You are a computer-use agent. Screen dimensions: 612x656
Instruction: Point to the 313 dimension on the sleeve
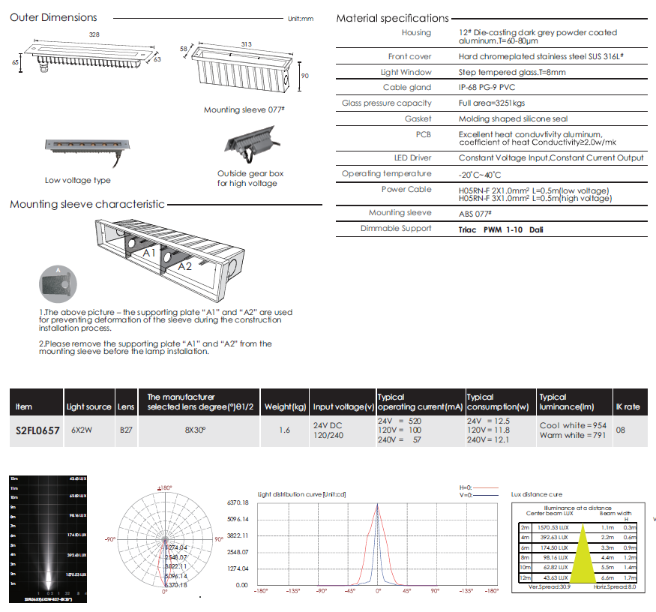[x=246, y=44]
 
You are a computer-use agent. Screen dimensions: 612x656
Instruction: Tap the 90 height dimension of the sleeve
[x=304, y=76]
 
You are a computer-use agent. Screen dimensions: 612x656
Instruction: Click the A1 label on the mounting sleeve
[x=150, y=254]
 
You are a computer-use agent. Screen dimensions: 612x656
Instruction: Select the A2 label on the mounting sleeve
[x=184, y=265]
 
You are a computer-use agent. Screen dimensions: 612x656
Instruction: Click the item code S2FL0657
[x=37, y=431]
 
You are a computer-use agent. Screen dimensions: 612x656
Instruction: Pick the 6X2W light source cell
[x=81, y=431]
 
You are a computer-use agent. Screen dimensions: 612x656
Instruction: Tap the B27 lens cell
[x=126, y=431]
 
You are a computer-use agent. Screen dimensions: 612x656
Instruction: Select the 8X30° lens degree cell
[x=196, y=431]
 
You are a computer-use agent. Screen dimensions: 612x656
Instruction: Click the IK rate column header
[x=628, y=406]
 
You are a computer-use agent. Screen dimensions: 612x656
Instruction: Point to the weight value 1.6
[x=284, y=431]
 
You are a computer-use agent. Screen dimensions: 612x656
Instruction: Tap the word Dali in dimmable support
[x=536, y=229]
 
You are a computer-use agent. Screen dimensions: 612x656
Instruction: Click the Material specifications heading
[x=392, y=18]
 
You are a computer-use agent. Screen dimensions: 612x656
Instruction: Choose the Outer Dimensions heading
[x=53, y=17]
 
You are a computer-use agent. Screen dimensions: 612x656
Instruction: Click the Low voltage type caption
[x=78, y=180]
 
